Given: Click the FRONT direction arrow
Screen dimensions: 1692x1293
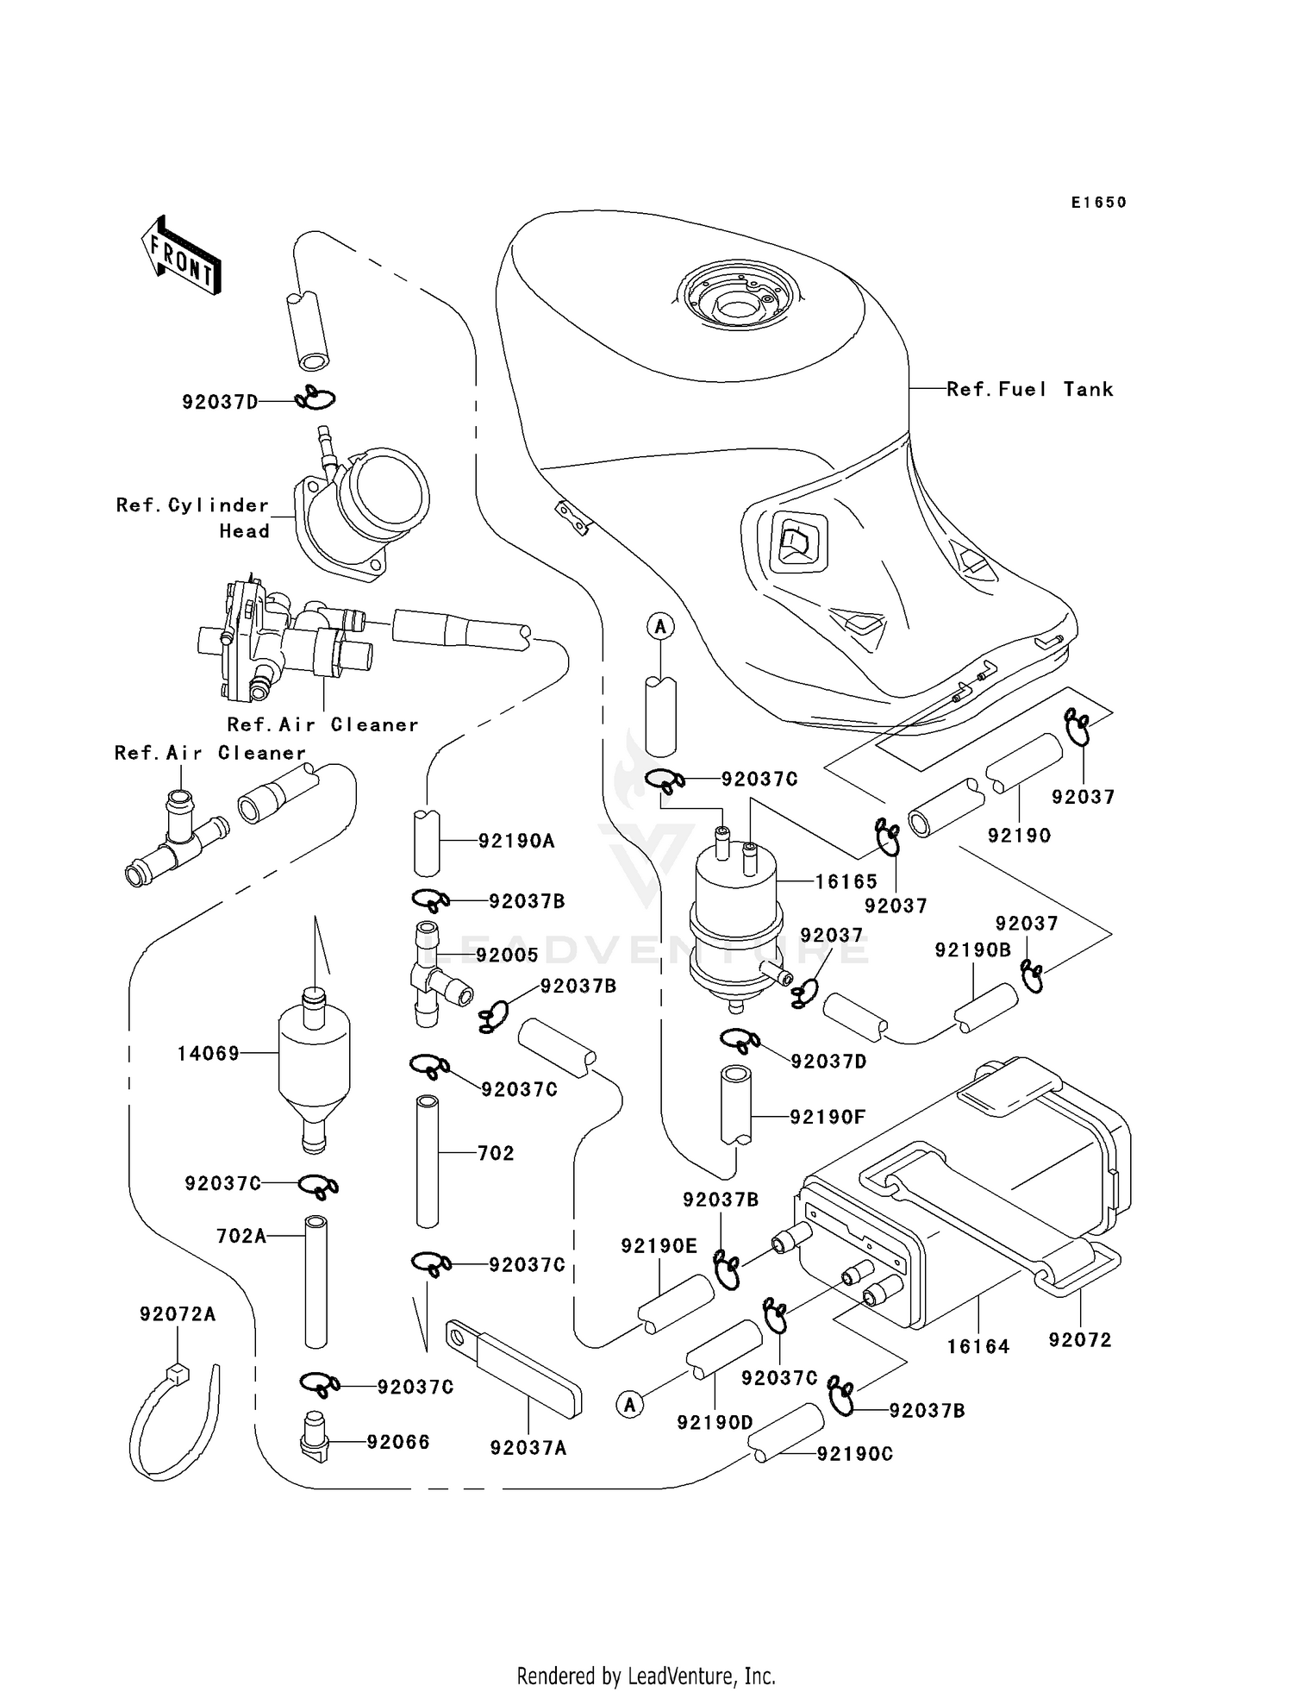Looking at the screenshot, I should [x=182, y=257].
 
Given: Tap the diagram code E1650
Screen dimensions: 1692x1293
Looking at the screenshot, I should [x=1098, y=203].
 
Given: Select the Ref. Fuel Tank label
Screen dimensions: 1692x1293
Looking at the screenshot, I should [x=1029, y=390].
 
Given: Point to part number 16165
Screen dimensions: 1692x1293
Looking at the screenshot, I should [x=846, y=881].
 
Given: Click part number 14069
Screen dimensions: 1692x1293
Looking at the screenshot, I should [x=208, y=1053].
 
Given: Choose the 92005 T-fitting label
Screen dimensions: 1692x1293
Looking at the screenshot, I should [x=507, y=955].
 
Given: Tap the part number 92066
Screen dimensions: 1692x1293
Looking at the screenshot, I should [x=397, y=1442].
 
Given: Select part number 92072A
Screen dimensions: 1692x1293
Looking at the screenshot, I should [x=178, y=1314].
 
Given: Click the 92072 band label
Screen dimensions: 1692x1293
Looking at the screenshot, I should [x=1080, y=1339].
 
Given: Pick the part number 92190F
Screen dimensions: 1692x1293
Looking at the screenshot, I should [x=827, y=1117].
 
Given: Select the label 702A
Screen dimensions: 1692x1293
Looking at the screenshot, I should [x=241, y=1236].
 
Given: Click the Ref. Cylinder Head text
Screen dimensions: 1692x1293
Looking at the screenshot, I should [x=193, y=517].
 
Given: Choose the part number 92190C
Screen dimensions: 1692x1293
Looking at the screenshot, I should [x=854, y=1454].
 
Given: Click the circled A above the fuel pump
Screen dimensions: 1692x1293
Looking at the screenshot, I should [x=660, y=627].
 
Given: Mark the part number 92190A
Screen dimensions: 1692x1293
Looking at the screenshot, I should [x=516, y=841].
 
